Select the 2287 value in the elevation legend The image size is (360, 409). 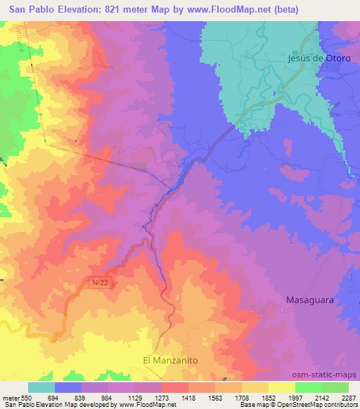click(347, 397)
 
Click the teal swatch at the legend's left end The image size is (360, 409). click(41, 387)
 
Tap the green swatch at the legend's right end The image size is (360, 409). click(335, 387)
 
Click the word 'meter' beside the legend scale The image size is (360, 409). click(11, 397)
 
